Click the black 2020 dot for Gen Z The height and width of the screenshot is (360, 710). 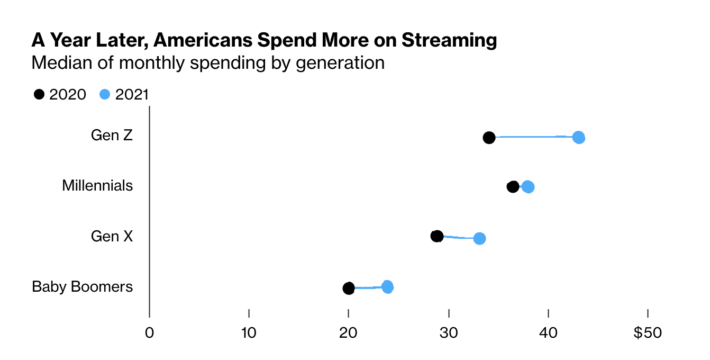point(489,138)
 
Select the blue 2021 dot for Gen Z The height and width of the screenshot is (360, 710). point(579,138)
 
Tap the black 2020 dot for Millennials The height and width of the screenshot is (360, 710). point(513,186)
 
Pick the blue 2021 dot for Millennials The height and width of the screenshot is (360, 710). point(527,187)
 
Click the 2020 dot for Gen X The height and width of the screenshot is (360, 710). point(437,236)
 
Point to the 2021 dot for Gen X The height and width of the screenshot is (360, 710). point(479,238)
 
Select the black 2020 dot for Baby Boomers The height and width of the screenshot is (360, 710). point(348,288)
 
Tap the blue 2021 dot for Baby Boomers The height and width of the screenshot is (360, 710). point(388,287)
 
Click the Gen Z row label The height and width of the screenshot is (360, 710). point(112,136)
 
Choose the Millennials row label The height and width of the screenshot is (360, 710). point(97,186)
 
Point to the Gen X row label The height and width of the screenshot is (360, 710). point(112,236)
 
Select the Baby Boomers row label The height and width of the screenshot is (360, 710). point(82,286)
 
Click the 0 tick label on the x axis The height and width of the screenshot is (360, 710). point(149,333)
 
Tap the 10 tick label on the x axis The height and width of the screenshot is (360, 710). point(249,333)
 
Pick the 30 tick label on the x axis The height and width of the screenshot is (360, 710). point(449,333)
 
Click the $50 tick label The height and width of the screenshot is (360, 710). point(648,333)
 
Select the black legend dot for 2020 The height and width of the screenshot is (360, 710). point(39,94)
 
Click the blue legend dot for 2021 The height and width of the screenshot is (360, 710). point(105,94)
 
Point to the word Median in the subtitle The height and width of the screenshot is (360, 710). point(59,63)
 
